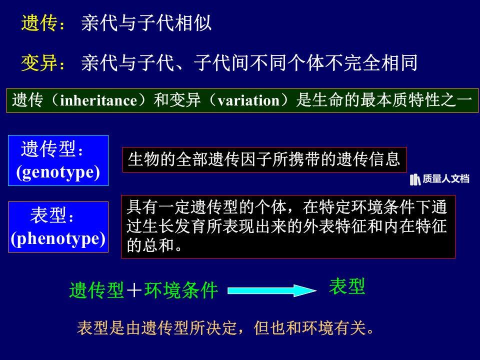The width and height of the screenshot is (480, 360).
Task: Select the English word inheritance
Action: [x=98, y=100]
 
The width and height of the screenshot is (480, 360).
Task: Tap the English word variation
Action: [x=248, y=100]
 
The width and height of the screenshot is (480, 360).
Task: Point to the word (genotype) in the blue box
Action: [x=58, y=172]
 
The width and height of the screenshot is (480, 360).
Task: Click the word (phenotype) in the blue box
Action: [x=58, y=239]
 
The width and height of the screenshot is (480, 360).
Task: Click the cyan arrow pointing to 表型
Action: [x=272, y=290]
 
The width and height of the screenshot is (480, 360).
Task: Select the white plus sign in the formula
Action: [x=134, y=290]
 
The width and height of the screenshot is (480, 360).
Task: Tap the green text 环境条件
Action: [x=181, y=290]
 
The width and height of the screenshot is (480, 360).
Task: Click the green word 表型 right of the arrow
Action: [x=347, y=286]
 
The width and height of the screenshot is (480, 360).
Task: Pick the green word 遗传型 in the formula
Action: [x=96, y=290]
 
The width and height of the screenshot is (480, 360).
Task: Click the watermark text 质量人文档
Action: [x=445, y=179]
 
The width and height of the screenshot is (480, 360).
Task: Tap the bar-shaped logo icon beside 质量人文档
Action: [x=415, y=179]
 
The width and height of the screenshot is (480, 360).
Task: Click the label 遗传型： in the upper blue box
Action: [x=52, y=149]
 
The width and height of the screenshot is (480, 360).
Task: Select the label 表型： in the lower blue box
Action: [x=52, y=215]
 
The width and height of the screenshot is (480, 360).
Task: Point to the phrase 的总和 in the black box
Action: [x=150, y=245]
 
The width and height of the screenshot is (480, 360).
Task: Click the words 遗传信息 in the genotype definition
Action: [x=368, y=159]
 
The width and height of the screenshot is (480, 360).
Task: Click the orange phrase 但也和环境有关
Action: [x=310, y=328]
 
